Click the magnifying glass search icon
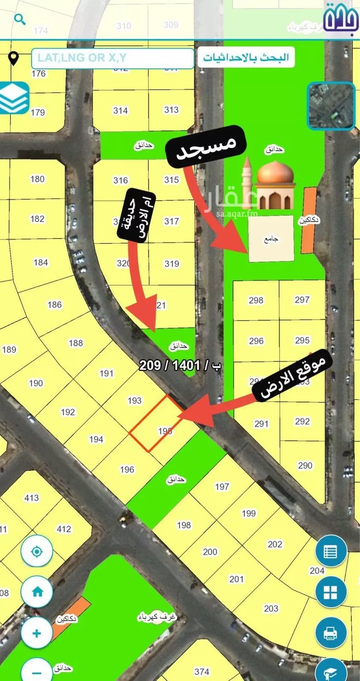(x=20, y=20)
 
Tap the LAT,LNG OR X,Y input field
(x=113, y=58)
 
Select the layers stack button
(x=14, y=98)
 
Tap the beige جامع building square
(x=271, y=239)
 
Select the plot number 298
(x=256, y=300)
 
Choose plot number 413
(x=32, y=498)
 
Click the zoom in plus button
(x=37, y=633)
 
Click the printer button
(x=331, y=633)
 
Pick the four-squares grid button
(x=331, y=593)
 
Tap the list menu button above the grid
(x=331, y=552)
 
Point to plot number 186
(x=55, y=304)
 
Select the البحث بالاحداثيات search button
(x=246, y=58)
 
